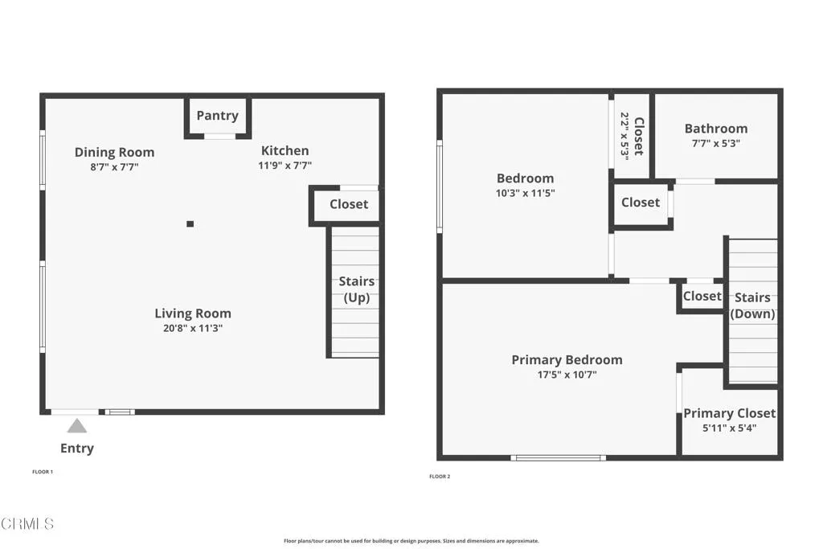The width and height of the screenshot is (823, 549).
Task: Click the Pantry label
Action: point(217,116)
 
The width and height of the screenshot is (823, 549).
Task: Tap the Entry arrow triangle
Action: point(76,425)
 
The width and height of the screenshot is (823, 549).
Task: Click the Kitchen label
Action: point(285,150)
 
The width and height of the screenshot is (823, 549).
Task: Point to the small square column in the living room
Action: point(190,224)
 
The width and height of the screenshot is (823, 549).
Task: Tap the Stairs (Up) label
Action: point(356,289)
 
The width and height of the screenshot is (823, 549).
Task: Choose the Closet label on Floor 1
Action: point(349,204)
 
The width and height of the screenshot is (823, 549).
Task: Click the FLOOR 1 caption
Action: point(42,472)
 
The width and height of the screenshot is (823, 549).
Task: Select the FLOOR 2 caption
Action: point(440,477)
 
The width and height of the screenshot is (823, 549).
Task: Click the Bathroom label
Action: point(715,129)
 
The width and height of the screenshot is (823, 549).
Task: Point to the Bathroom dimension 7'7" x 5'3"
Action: point(715,144)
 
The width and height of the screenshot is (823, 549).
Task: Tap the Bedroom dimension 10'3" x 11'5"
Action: point(525,193)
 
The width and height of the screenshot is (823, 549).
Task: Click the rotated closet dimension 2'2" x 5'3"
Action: point(624,136)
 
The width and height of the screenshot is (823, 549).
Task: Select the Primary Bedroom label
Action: point(567,360)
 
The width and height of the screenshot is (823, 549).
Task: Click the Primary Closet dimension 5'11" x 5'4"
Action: point(729,428)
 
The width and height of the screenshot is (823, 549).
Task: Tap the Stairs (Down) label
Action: point(752,305)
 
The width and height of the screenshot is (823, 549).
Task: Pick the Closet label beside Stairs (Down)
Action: point(702,296)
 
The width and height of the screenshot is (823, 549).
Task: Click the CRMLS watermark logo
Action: point(27,524)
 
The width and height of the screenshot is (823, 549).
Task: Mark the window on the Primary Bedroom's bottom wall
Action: point(558,458)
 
